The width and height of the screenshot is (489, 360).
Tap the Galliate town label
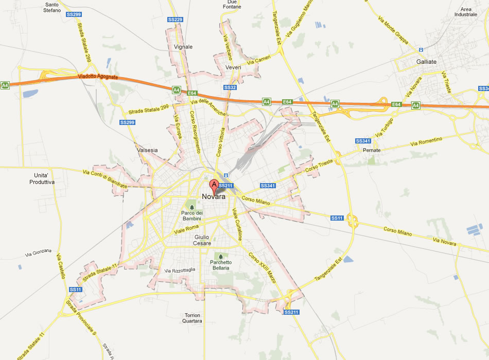point(426,62)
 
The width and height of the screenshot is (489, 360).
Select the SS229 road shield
point(175,20)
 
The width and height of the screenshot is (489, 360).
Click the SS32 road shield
point(230,87)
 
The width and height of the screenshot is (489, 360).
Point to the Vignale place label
point(183,47)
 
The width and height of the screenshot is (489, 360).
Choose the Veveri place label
point(233,67)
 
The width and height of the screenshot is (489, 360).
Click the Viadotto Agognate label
point(98,77)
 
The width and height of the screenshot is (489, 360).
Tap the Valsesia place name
point(148,150)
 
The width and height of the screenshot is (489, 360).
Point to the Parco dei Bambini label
point(192,216)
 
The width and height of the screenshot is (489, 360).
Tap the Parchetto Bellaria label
point(221,265)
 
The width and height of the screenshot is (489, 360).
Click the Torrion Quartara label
point(192,318)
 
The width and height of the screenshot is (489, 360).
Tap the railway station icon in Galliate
point(421,50)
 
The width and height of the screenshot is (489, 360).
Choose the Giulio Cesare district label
point(202,240)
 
